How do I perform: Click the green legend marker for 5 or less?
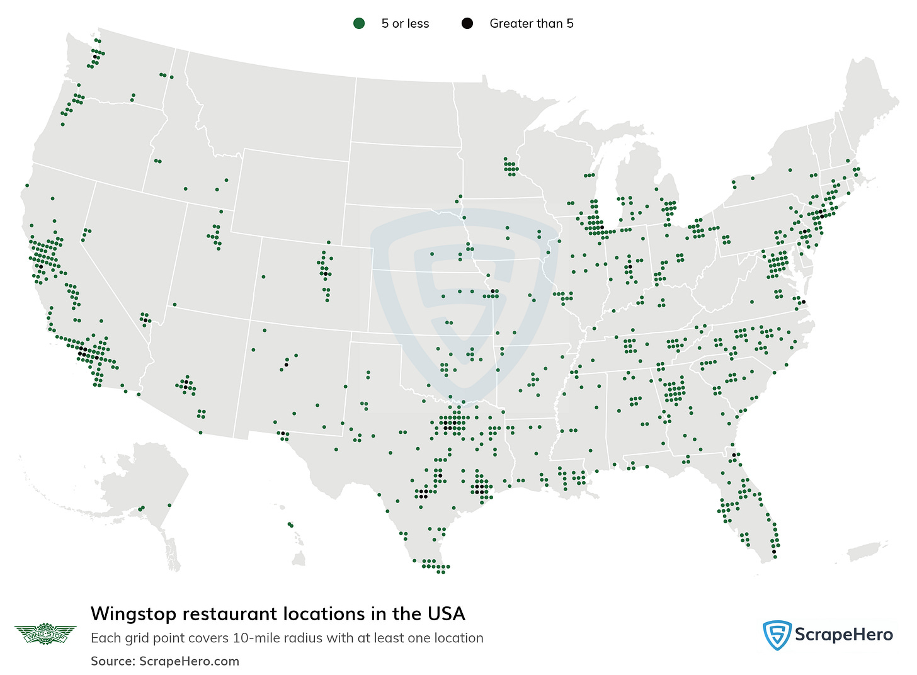pyautogui.click(x=359, y=24)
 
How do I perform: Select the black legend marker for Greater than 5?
pyautogui.click(x=467, y=24)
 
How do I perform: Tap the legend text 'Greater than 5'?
pyautogui.click(x=531, y=24)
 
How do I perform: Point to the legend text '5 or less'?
pyautogui.click(x=405, y=24)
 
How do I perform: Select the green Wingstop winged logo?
pyautogui.click(x=45, y=633)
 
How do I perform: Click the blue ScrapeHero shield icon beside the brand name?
pyautogui.click(x=777, y=635)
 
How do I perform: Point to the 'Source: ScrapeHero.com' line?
pyautogui.click(x=165, y=661)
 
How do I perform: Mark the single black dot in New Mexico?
pyautogui.click(x=286, y=365)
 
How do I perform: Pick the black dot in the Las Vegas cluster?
pyautogui.click(x=146, y=320)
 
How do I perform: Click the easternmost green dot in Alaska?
pyautogui.click(x=169, y=505)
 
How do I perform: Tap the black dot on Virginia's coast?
pyautogui.click(x=803, y=302)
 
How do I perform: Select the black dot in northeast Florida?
pyautogui.click(x=734, y=455)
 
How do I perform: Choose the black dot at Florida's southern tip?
pyautogui.click(x=774, y=552)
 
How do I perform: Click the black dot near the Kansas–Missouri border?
pyautogui.click(x=492, y=292)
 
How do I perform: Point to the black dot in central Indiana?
pyautogui.click(x=629, y=268)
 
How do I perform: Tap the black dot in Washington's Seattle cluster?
pyautogui.click(x=95, y=57)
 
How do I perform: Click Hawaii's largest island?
pyautogui.click(x=299, y=558)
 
